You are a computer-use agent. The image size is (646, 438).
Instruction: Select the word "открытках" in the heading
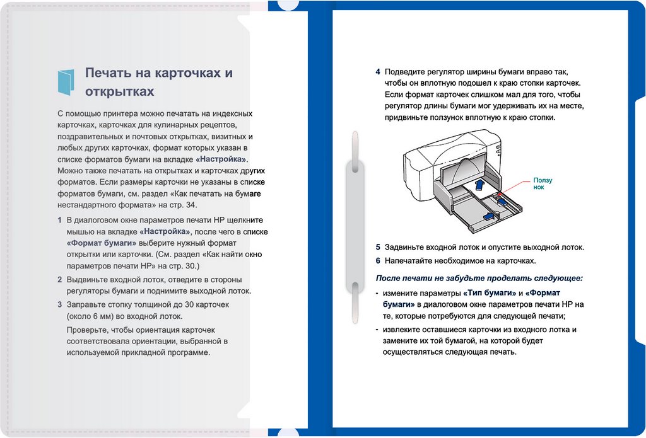click(119, 92)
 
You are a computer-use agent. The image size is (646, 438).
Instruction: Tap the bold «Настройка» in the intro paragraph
click(221, 159)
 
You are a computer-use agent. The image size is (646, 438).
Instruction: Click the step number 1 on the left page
click(60, 221)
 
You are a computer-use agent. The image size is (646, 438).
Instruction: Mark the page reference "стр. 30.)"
click(182, 266)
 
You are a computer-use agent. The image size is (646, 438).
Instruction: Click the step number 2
click(60, 279)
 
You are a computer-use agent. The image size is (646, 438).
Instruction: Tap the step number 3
click(60, 304)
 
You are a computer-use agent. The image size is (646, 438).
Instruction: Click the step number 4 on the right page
click(378, 72)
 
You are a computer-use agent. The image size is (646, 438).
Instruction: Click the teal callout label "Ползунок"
click(543, 184)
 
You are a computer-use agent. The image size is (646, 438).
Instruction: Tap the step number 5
click(378, 248)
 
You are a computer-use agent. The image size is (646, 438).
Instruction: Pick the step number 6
click(378, 260)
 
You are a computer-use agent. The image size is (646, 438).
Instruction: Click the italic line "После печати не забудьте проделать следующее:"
click(479, 278)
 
